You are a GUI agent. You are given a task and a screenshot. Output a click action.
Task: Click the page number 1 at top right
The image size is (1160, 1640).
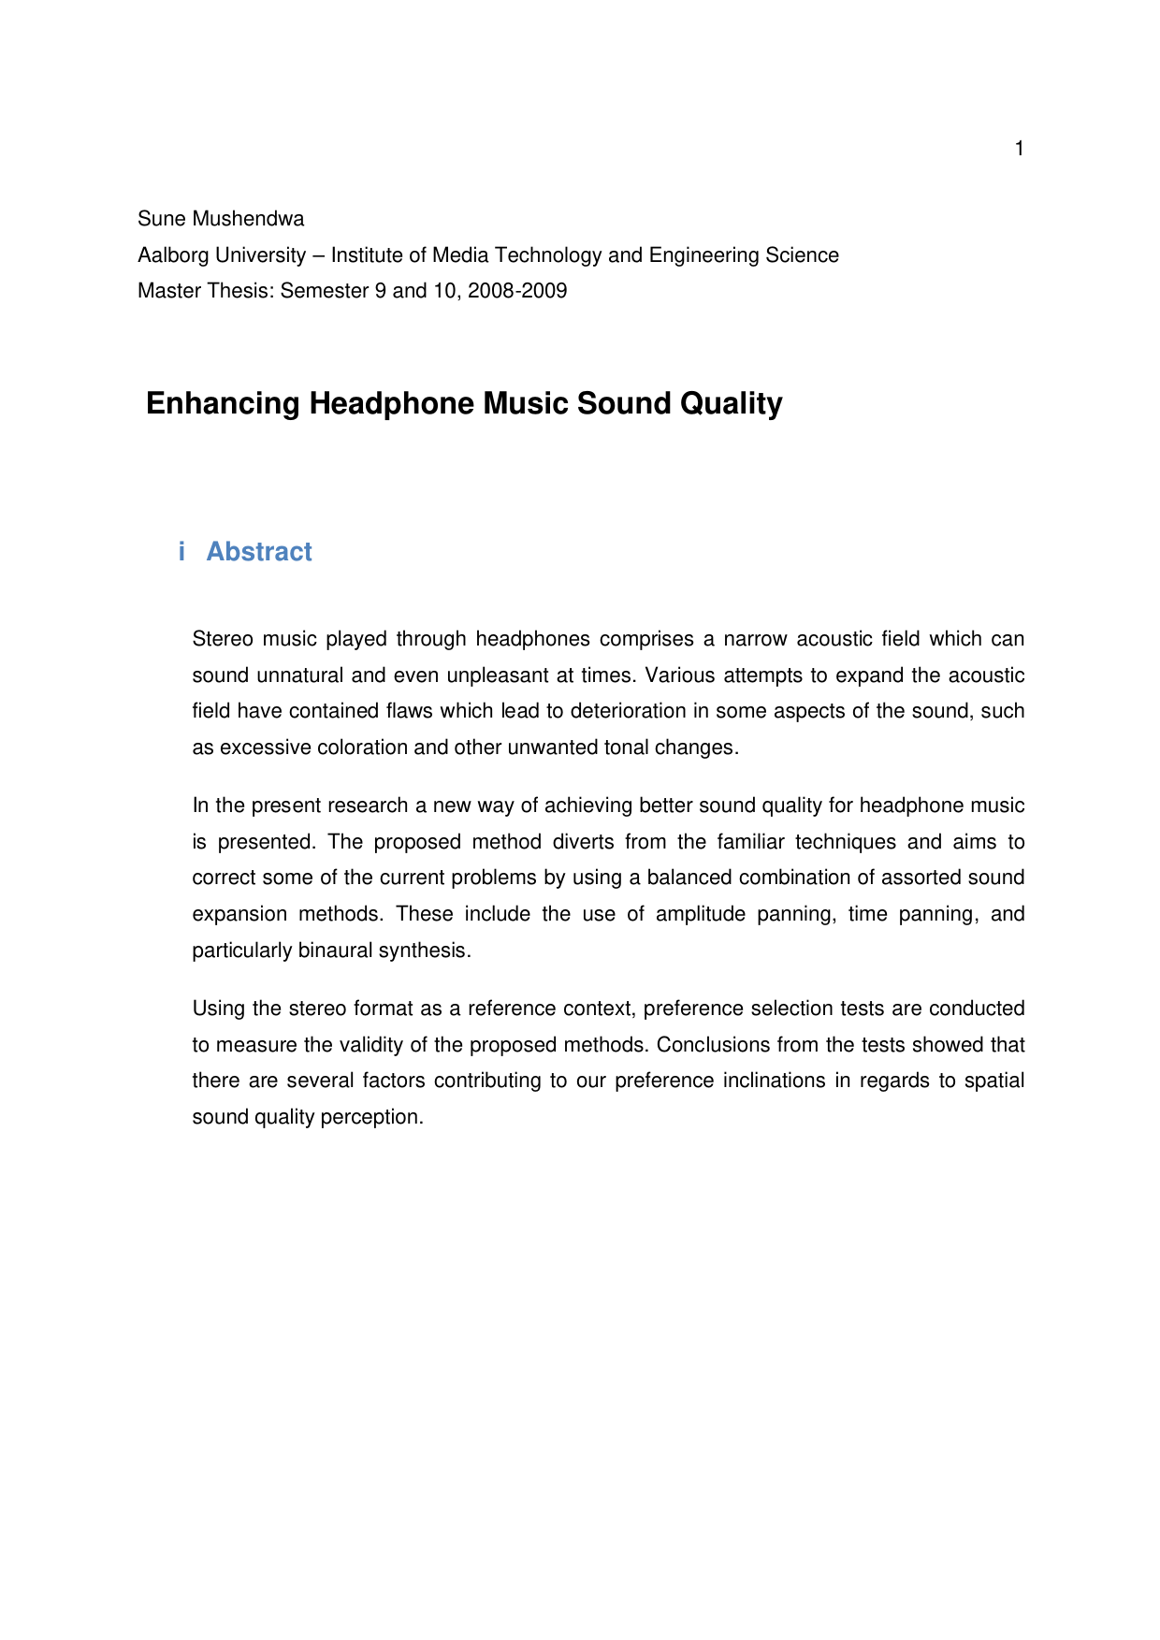coord(1019,149)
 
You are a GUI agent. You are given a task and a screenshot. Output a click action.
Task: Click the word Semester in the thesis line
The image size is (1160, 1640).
coord(325,291)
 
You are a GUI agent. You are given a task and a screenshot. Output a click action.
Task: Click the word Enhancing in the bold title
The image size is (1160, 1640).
coord(223,403)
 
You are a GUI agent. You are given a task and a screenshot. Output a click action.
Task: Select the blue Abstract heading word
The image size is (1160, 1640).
coord(259,552)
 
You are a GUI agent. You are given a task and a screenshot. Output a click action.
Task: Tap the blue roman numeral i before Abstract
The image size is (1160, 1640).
coord(181,552)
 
